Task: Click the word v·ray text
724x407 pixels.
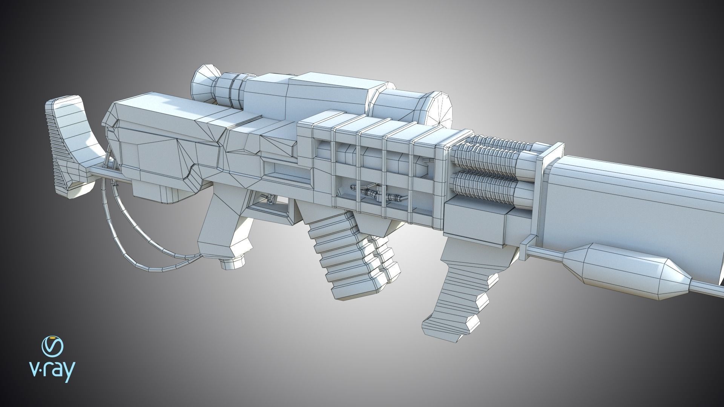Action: click(52, 372)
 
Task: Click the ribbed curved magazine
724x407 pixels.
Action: click(339, 260)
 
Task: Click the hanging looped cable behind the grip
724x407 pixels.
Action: click(124, 234)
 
